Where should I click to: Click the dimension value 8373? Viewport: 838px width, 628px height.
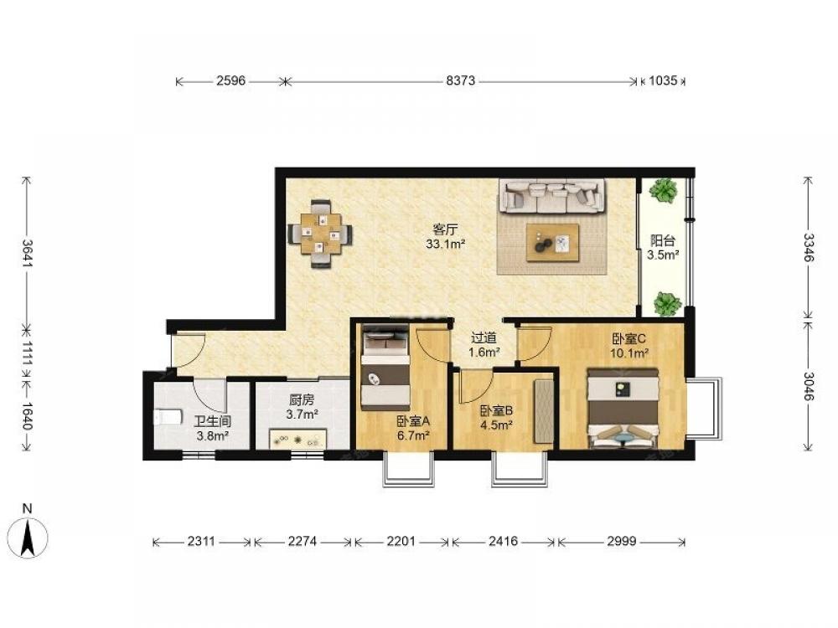(460, 81)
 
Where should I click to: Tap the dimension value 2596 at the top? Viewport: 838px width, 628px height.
(231, 81)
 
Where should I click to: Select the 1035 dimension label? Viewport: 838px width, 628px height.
(663, 81)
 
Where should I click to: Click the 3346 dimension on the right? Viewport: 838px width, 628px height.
(808, 248)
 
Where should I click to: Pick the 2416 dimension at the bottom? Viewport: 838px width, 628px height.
(503, 542)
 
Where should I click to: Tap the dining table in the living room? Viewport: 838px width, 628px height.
(321, 234)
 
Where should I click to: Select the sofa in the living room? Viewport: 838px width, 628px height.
(552, 194)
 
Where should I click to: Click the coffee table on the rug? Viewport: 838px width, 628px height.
(552, 243)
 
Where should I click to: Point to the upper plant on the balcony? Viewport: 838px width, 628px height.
(663, 191)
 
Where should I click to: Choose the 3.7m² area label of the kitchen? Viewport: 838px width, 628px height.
(303, 414)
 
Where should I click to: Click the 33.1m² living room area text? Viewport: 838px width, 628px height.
(445, 245)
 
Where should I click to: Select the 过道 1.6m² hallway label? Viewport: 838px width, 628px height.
(484, 345)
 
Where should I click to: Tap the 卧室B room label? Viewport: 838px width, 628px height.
(496, 410)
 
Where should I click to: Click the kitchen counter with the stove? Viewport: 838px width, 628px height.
(298, 439)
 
